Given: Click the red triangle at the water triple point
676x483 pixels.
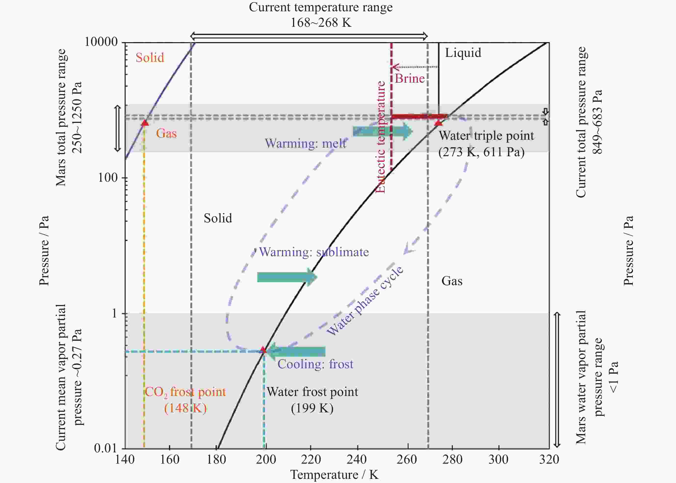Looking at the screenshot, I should point(438,123).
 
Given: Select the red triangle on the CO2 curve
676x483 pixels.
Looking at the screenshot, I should point(145,123).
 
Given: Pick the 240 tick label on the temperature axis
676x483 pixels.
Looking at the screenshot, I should point(356,460).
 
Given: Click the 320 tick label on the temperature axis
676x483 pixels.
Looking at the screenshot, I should point(549,460).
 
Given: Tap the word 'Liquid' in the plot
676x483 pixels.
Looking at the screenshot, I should point(463,53).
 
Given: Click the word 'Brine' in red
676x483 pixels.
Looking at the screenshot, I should point(410,79).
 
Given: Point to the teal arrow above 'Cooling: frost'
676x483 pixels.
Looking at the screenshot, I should point(296,351).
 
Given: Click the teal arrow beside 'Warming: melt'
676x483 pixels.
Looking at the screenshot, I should point(383,131).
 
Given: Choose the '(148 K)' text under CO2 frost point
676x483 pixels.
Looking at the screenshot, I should point(185,408).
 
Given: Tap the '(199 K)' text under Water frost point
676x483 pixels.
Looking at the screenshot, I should point(312,408).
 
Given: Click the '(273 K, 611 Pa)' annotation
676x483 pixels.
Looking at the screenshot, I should point(481,152).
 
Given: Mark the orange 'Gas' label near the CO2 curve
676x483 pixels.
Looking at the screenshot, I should point(166,133).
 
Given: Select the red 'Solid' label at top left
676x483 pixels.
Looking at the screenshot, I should point(150,58).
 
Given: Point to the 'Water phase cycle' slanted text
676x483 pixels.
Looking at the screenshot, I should point(365,300).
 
